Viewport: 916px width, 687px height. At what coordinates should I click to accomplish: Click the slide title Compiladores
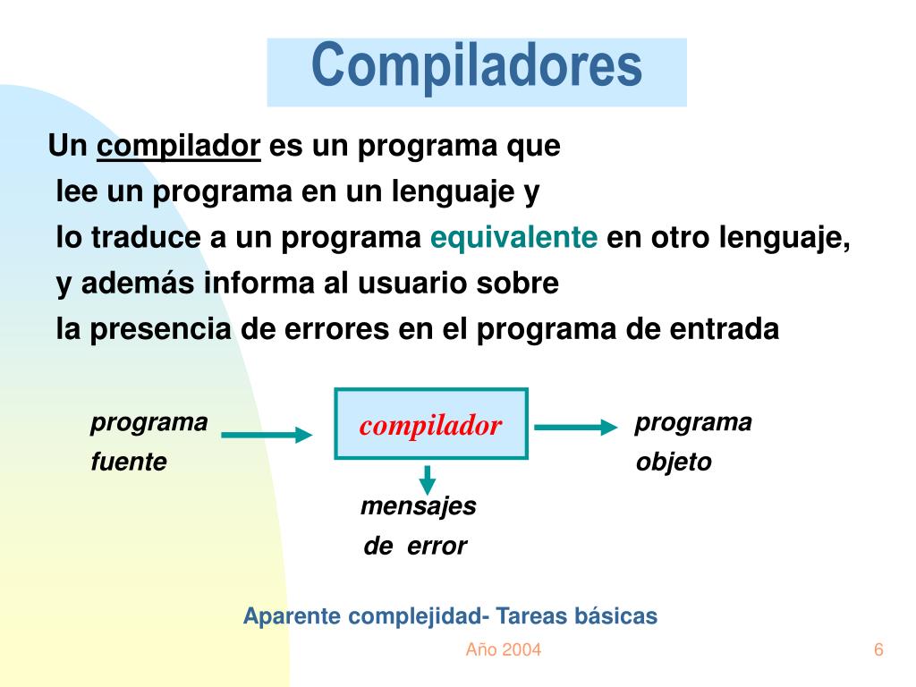point(477,66)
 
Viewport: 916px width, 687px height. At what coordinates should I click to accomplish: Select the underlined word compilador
point(179,146)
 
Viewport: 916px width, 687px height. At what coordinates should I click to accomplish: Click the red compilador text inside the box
point(430,426)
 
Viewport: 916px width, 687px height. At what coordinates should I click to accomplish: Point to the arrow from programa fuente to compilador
point(267,436)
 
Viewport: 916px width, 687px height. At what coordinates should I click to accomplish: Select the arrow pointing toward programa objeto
point(577,428)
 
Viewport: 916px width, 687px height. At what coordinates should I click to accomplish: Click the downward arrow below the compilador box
point(428,479)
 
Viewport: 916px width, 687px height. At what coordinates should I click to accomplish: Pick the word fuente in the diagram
point(129,462)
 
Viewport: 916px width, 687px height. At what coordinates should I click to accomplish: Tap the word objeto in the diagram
point(674,462)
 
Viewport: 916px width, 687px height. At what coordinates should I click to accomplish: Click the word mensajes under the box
point(418,506)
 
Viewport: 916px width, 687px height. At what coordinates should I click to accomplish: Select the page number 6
point(878,649)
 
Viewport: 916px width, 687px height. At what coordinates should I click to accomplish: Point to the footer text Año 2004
point(503,649)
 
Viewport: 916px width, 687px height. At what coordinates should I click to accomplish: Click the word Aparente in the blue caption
point(292,616)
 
